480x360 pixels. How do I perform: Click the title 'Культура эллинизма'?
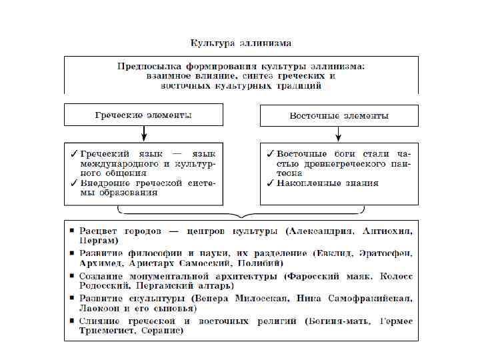pyautogui.click(x=241, y=43)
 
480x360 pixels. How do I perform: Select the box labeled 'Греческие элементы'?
pyautogui.click(x=143, y=115)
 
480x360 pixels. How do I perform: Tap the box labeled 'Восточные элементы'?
pyautogui.click(x=339, y=115)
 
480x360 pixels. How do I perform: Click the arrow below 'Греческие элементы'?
pyautogui.click(x=143, y=134)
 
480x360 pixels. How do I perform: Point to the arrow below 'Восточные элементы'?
pyautogui.click(x=339, y=134)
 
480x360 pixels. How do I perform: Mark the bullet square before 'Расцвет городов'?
pyautogui.click(x=72, y=232)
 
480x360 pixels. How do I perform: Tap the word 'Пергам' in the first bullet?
pyautogui.click(x=97, y=241)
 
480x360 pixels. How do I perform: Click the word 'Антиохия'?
pyautogui.click(x=387, y=232)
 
